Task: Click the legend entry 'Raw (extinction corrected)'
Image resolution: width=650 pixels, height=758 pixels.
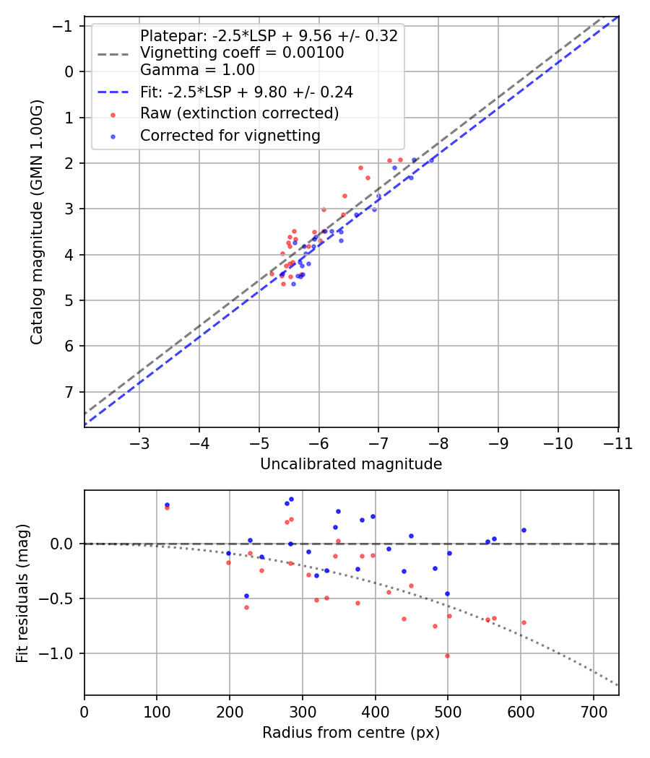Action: pos(239,113)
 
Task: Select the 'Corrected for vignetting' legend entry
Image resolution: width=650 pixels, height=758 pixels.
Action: pos(230,135)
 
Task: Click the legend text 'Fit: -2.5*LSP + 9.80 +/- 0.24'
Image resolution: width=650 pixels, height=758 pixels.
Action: pos(246,92)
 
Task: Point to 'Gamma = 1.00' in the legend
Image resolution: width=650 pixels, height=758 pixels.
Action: pos(197,70)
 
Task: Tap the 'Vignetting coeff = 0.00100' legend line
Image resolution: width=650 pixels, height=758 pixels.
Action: pos(242,53)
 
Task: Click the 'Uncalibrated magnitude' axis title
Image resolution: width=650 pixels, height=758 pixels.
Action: pos(351,464)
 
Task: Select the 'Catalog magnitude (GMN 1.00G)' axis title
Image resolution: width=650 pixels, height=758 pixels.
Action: pos(37,222)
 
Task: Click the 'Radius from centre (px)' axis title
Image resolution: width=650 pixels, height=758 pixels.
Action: pos(351,733)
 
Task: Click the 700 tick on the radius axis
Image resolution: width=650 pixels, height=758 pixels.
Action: pos(593,711)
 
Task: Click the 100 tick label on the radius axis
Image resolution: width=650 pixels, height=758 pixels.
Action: pos(157,711)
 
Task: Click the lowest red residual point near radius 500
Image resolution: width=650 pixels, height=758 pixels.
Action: pos(447,655)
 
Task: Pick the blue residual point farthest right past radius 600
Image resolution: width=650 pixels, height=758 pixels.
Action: pos(524,530)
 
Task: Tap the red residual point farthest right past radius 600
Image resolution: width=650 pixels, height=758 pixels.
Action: pos(524,622)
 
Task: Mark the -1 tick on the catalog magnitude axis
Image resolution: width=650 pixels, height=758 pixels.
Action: pos(65,26)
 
